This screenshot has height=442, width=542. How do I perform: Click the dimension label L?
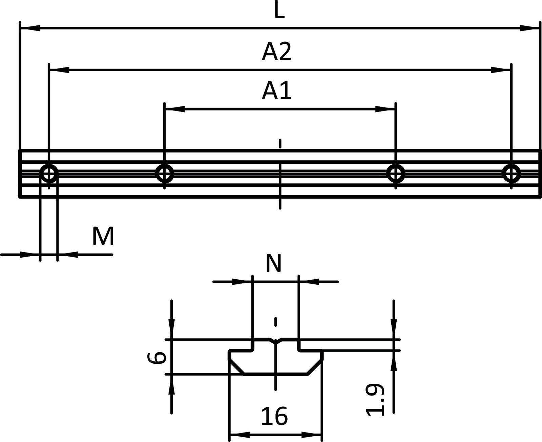click(279, 12)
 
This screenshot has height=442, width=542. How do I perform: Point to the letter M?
click(103, 236)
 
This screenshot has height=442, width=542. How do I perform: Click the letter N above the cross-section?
click(274, 263)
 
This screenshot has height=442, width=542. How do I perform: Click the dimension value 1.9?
click(375, 400)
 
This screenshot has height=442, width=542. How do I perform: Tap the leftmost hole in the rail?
click(49, 174)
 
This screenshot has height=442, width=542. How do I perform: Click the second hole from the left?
click(164, 173)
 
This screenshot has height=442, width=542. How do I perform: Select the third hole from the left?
click(396, 173)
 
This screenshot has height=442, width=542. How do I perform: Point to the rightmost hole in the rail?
click(511, 173)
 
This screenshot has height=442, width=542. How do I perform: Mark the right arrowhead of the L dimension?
click(529, 28)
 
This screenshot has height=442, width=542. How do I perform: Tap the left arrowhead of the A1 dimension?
click(175, 109)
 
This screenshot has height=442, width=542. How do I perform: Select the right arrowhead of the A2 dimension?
click(501, 70)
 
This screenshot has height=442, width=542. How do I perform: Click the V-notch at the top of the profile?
click(276, 341)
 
